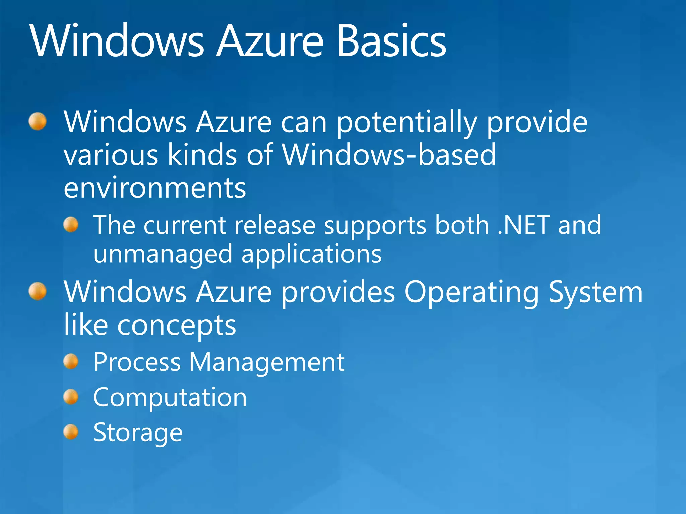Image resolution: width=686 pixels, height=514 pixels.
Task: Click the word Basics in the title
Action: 391,41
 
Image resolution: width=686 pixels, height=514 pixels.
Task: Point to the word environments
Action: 155,188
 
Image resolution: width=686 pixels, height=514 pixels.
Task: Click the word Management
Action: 267,362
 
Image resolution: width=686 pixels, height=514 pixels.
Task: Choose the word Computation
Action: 170,398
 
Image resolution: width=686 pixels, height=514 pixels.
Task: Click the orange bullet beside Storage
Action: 71,432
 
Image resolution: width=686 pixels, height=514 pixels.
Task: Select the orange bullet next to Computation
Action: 71,397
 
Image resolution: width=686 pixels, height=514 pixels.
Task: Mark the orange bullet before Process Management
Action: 71,361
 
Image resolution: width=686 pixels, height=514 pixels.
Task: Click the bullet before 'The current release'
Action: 71,224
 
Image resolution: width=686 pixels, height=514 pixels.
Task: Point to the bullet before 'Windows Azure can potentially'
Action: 38,121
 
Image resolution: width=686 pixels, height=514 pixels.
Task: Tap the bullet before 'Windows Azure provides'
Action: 38,291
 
